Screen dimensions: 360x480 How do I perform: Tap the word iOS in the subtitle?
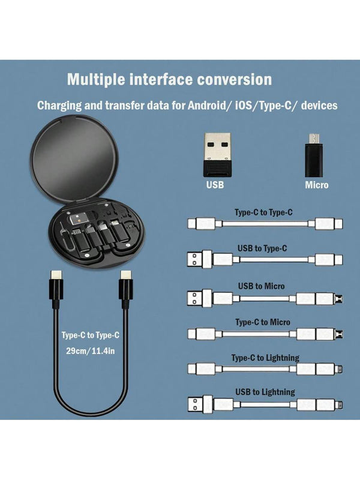244,106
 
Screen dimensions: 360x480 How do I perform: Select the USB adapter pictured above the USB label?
217,155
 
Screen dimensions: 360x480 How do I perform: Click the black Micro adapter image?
313,155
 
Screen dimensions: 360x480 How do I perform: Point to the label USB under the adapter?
215,185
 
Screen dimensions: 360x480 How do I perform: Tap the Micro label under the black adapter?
317,185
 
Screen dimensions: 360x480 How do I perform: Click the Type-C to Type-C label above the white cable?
263,212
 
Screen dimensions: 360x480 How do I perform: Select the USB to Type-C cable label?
262,248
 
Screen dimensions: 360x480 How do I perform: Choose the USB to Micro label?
262,286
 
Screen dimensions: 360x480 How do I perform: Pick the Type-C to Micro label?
263,322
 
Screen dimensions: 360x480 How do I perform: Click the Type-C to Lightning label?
265,358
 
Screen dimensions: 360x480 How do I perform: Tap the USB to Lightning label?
265,392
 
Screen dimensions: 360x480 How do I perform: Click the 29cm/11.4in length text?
91,351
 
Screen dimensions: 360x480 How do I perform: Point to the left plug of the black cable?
56,289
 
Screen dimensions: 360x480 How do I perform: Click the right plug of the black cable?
126,289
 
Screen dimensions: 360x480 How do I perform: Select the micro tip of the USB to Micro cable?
339,298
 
